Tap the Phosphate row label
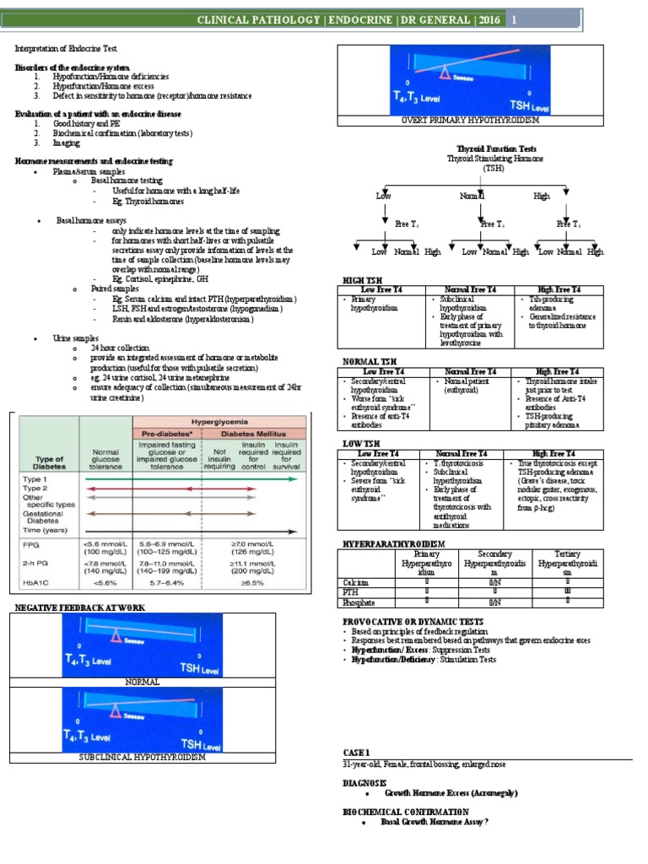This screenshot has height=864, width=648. click(358, 602)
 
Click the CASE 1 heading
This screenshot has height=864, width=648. click(357, 752)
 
